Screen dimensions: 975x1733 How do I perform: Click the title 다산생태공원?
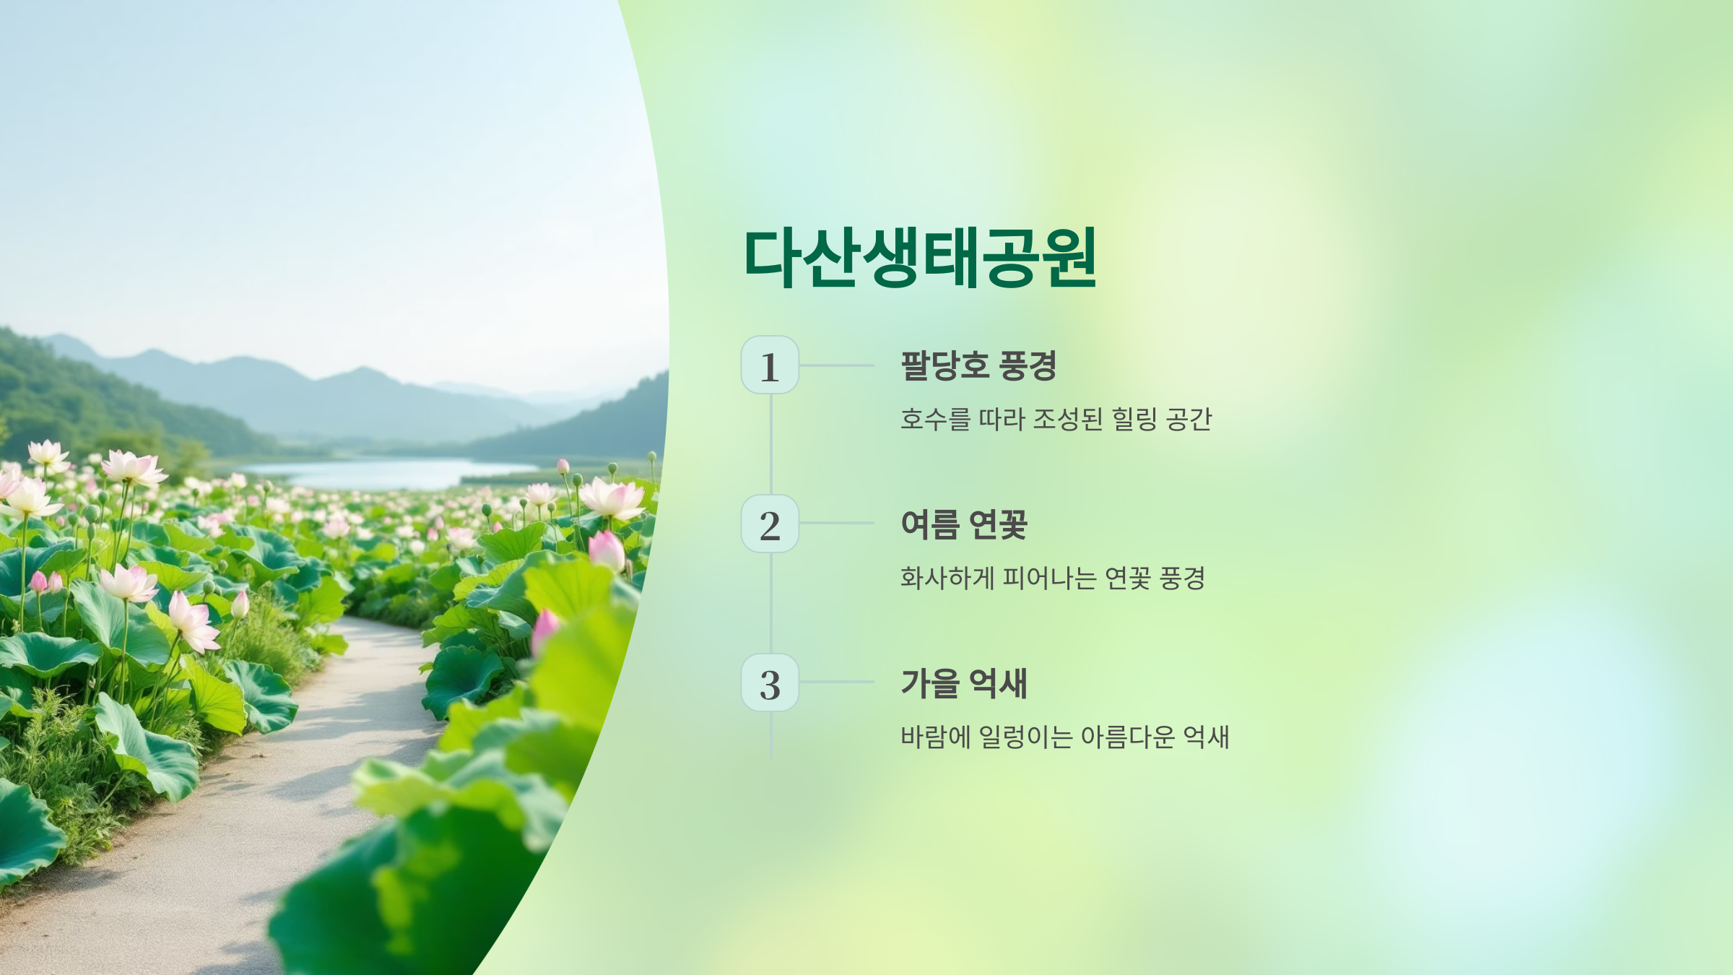tap(920, 258)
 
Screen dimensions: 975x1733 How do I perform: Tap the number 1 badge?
tap(770, 365)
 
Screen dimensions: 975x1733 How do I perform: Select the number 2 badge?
tap(770, 524)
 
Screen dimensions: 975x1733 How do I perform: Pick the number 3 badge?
tap(770, 682)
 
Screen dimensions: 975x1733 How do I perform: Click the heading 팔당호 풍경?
tap(978, 365)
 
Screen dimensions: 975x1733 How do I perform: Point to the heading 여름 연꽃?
tap(964, 524)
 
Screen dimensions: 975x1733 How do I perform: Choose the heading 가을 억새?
tap(964, 683)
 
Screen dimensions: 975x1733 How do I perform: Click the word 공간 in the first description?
tap(1189, 419)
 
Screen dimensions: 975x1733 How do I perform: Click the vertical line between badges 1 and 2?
tap(771, 444)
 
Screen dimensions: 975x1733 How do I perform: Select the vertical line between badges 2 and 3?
tap(771, 603)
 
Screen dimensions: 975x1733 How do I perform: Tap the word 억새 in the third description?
tap(1206, 737)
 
